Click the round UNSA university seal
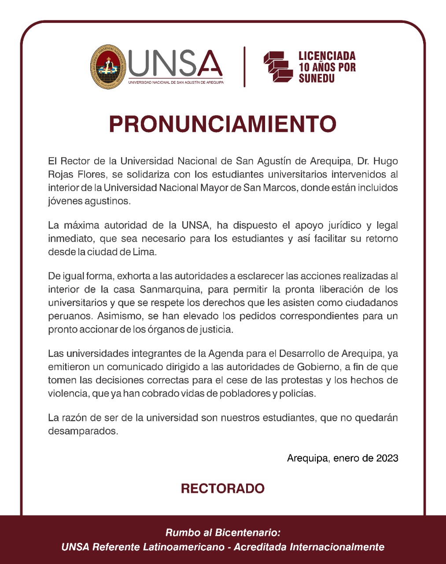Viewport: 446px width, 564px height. [108, 67]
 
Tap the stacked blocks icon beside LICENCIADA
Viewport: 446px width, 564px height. [278, 67]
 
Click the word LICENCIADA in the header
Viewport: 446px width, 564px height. [327, 56]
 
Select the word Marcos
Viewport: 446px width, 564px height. [282, 188]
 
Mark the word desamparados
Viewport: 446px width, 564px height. [83, 430]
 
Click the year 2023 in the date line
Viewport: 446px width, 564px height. [387, 458]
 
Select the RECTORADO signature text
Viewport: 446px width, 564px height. [223, 488]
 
